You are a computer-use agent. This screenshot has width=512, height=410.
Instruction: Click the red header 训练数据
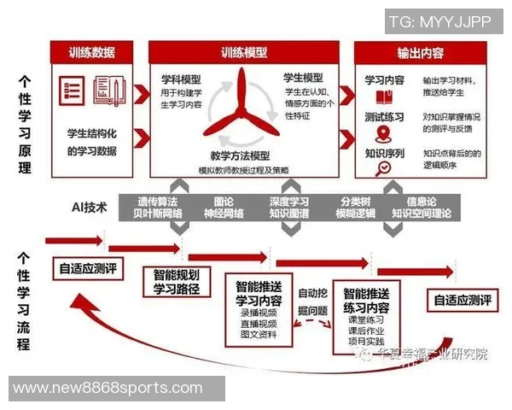click(x=93, y=52)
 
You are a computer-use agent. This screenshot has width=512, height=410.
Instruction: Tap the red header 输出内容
click(x=420, y=52)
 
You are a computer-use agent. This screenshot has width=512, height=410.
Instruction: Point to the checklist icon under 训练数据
click(x=72, y=91)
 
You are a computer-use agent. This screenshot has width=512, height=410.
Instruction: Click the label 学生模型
click(x=304, y=78)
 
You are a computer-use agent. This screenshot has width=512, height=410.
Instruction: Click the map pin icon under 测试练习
click(x=383, y=133)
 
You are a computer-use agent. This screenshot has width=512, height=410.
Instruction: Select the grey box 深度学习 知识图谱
click(x=289, y=207)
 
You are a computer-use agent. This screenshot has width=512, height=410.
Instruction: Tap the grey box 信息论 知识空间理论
click(x=422, y=207)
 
